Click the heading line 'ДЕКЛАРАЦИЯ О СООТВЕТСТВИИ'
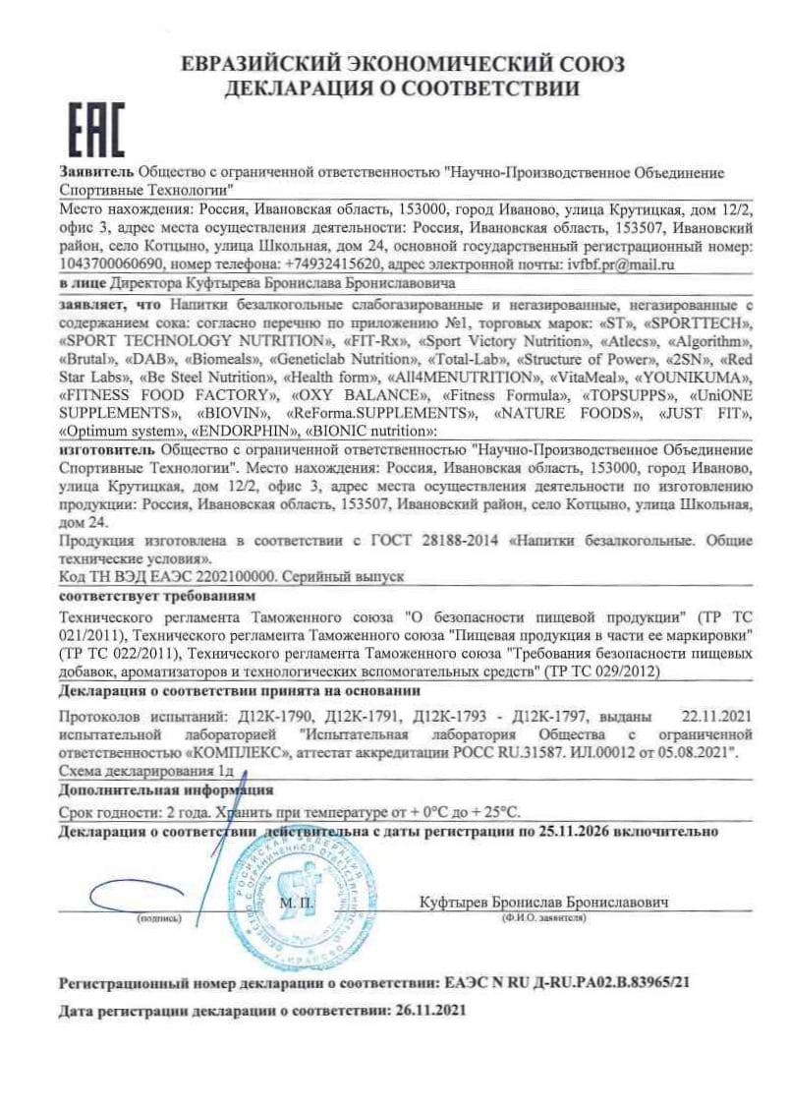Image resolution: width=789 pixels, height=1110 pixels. point(402,89)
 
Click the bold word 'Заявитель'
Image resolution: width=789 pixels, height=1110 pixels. point(95,172)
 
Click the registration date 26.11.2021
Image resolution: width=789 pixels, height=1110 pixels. point(428,1010)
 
